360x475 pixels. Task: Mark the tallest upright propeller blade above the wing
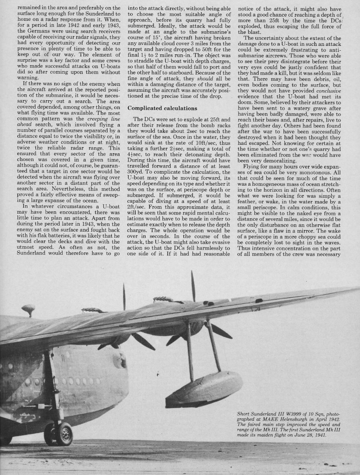coord(193,285)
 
